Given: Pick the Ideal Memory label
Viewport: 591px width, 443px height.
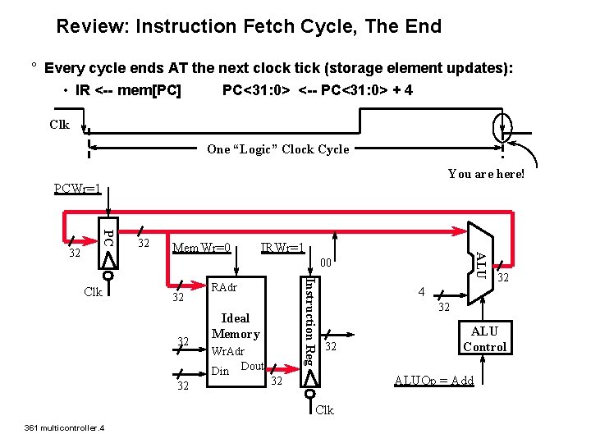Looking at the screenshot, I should tap(236, 326).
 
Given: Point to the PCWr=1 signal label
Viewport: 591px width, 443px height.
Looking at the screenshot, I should tap(78, 190).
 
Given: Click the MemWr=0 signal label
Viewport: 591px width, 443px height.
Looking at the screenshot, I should tap(200, 248).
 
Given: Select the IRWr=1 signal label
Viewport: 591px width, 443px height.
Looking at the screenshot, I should tap(282, 248).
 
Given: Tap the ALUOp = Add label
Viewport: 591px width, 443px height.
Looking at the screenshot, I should tap(434, 380).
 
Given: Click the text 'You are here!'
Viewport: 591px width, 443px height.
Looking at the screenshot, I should tap(486, 174).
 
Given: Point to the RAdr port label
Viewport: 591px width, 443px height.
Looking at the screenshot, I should tap(224, 289).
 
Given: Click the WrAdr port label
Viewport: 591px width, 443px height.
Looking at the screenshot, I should tap(227, 351).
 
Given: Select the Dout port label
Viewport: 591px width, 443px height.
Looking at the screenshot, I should tap(253, 366).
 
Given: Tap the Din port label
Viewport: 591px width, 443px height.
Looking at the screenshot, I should tap(220, 371).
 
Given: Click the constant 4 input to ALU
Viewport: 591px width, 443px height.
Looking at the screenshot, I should tap(421, 292).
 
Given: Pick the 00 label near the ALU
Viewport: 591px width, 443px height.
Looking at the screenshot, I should tap(325, 264).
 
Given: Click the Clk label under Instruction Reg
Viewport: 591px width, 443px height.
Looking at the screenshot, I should tap(325, 410).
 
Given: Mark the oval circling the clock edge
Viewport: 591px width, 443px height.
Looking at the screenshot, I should tap(502, 127).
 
